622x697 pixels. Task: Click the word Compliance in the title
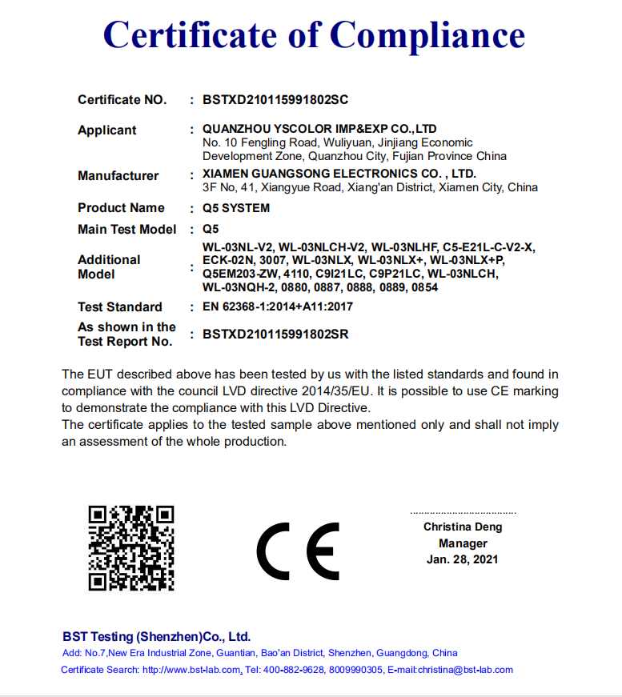coord(427,34)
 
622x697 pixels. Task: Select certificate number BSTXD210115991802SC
coord(275,100)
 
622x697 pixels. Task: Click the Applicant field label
coord(106,130)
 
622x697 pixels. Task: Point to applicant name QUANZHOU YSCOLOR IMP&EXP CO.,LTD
coord(319,128)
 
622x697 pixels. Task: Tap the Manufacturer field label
coord(118,176)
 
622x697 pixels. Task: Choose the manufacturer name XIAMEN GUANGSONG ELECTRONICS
coord(339,174)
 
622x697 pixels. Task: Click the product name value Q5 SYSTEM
coord(236,208)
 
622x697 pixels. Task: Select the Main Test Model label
coord(126,230)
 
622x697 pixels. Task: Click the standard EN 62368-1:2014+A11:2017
coord(278,306)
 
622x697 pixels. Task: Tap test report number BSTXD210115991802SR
coord(275,334)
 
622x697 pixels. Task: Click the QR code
coord(130,548)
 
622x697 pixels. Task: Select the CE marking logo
coord(298,551)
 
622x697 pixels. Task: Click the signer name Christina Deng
coord(463,527)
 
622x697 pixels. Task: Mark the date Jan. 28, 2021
coord(462,559)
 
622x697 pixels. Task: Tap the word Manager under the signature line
coord(463,543)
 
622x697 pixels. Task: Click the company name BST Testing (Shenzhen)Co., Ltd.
coord(156,637)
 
